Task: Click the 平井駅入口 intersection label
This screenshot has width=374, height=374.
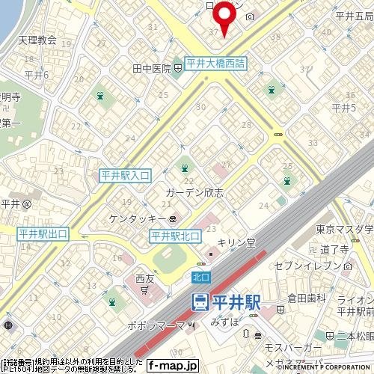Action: click(x=126, y=175)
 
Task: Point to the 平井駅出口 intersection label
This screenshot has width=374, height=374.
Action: click(x=43, y=234)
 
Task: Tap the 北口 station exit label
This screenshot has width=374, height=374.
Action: click(x=200, y=276)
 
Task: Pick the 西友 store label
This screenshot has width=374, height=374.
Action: click(x=144, y=278)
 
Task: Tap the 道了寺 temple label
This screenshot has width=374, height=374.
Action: click(x=335, y=251)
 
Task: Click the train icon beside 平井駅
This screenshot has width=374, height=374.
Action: click(x=200, y=301)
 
